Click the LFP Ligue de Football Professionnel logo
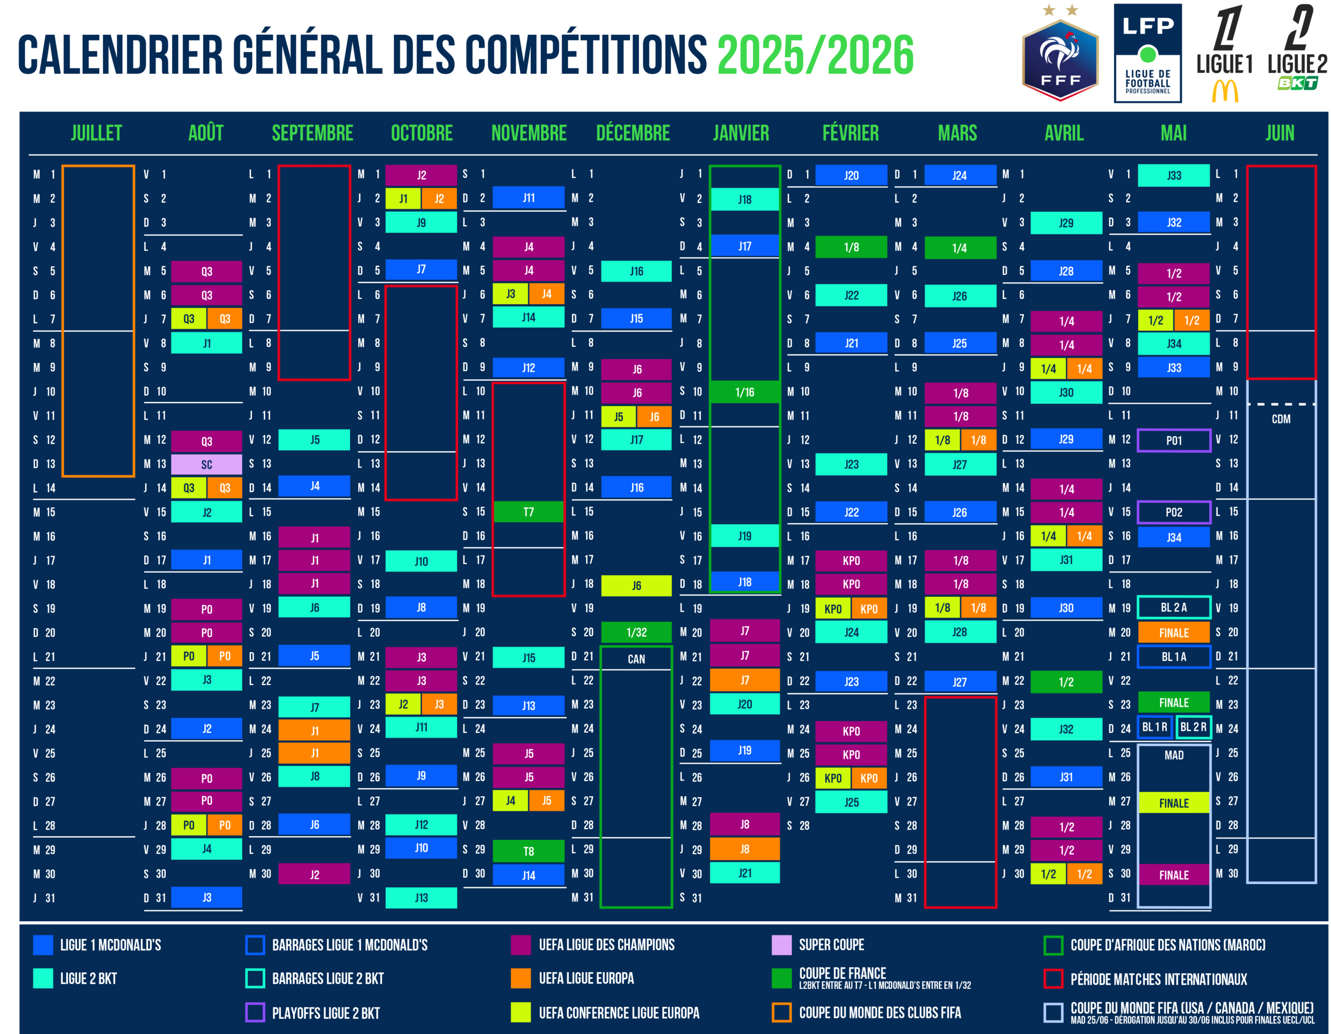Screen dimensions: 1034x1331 click(1147, 54)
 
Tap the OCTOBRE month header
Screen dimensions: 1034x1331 click(422, 133)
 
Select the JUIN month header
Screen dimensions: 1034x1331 click(1280, 133)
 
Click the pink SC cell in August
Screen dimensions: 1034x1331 click(206, 464)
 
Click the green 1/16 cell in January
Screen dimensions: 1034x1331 click(745, 392)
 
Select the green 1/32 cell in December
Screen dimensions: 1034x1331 click(636, 632)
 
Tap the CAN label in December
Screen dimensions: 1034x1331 click(636, 659)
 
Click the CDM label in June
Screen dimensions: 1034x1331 click(1281, 419)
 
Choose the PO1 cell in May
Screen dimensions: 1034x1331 click(1174, 440)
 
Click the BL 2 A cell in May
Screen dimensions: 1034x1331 click(1174, 607)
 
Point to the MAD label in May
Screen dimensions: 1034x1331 click(1174, 755)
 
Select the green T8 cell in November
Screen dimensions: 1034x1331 click(528, 851)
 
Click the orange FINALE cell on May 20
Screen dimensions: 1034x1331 click(1174, 633)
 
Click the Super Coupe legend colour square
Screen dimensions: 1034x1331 click(781, 945)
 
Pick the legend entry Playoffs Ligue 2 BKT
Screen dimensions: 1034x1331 click(325, 1013)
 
